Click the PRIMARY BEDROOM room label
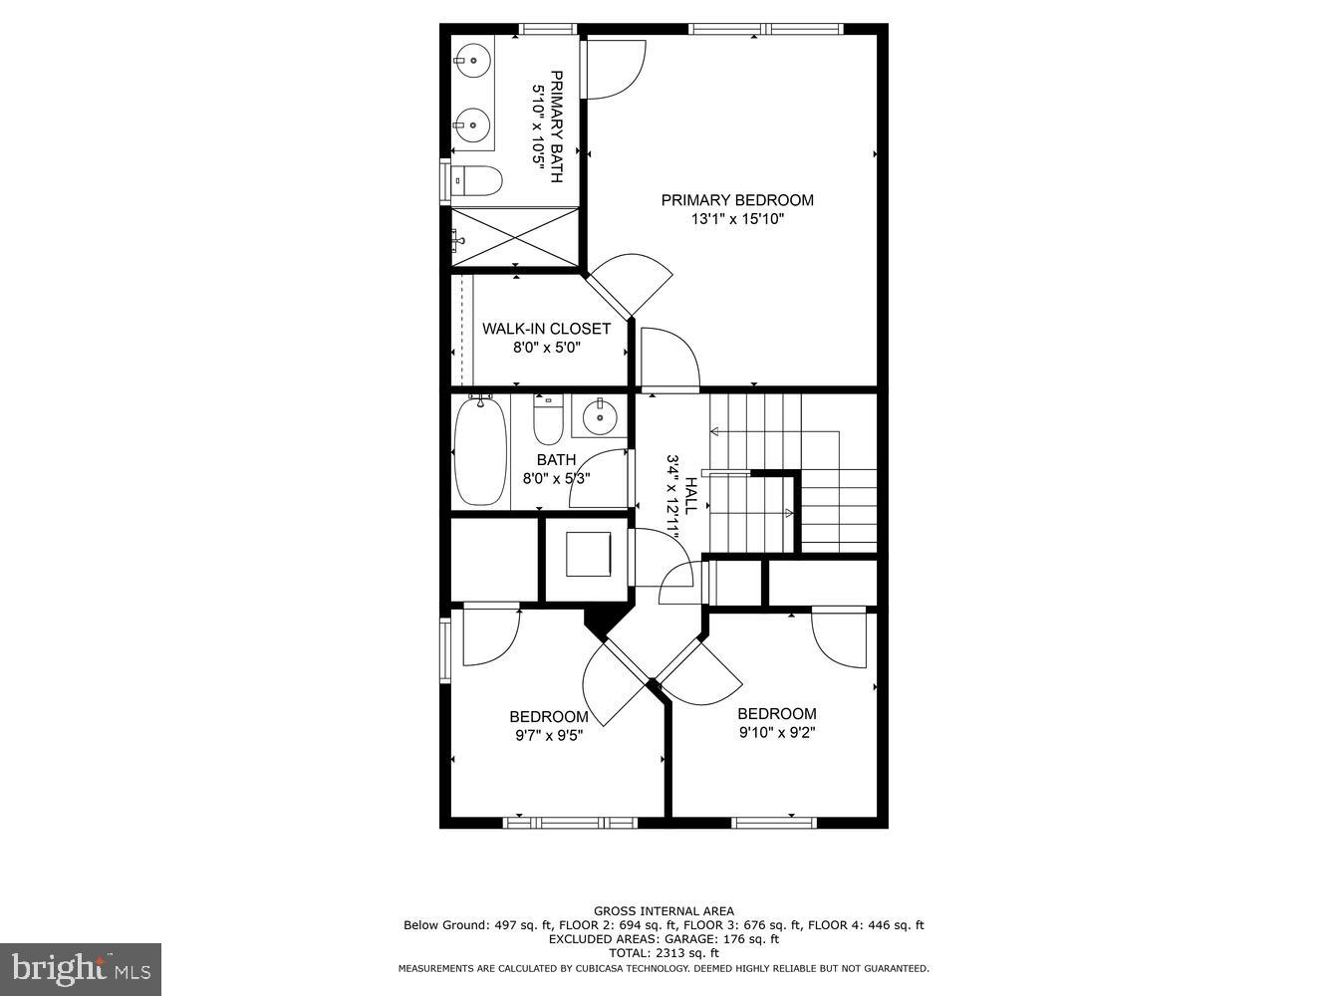coord(737,200)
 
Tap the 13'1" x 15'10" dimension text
coord(737,219)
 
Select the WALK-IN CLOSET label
coord(546,329)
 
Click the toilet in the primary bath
coord(476,181)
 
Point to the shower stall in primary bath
coord(515,237)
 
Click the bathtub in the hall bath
coord(481,450)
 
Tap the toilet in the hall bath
coord(548,419)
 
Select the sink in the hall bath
coord(600,416)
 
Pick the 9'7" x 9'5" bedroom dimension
coord(548,736)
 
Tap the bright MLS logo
coord(81,968)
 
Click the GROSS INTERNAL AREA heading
coord(664,910)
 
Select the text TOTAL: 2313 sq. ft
coord(664,953)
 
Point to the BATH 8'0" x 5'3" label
coord(556,468)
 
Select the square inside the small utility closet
coord(589,554)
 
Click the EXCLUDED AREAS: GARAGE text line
coord(664,939)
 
